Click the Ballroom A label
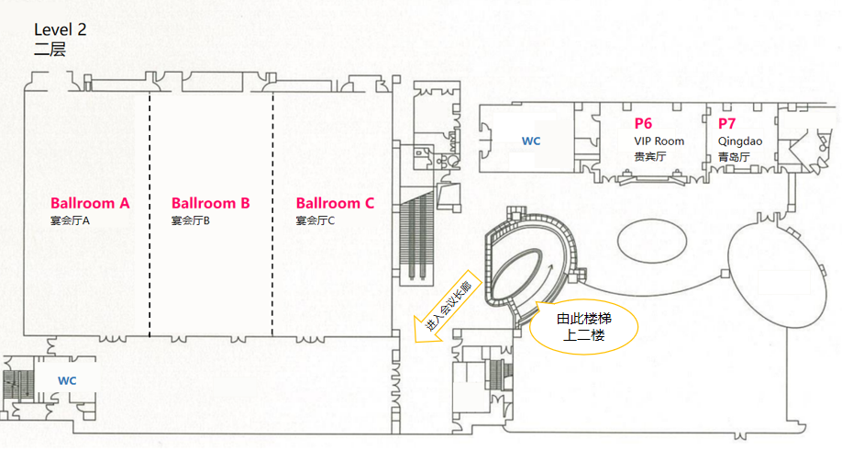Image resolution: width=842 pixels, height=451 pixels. click(x=90, y=203)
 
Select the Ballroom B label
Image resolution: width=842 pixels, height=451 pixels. click(x=211, y=203)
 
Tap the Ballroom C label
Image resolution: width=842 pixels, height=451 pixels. click(x=335, y=203)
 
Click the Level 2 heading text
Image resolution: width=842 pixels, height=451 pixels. click(x=60, y=30)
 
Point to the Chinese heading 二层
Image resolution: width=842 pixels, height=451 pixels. click(x=50, y=50)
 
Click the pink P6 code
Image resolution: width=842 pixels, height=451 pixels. click(x=643, y=123)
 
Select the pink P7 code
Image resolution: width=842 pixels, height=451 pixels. click(x=726, y=123)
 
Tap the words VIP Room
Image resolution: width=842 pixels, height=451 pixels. click(x=659, y=141)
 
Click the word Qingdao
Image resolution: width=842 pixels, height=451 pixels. click(x=740, y=141)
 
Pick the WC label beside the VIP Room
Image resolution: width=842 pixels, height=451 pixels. click(x=531, y=141)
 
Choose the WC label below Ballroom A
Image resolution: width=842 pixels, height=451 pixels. click(x=67, y=380)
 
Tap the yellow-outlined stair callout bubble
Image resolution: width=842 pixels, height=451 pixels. click(x=583, y=327)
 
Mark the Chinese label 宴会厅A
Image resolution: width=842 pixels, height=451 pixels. click(x=70, y=220)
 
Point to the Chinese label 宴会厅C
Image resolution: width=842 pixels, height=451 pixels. click(x=316, y=220)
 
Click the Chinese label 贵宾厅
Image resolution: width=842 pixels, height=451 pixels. click(x=649, y=157)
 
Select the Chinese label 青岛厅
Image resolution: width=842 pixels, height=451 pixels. click(x=734, y=157)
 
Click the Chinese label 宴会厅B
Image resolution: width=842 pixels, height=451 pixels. click(x=191, y=220)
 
